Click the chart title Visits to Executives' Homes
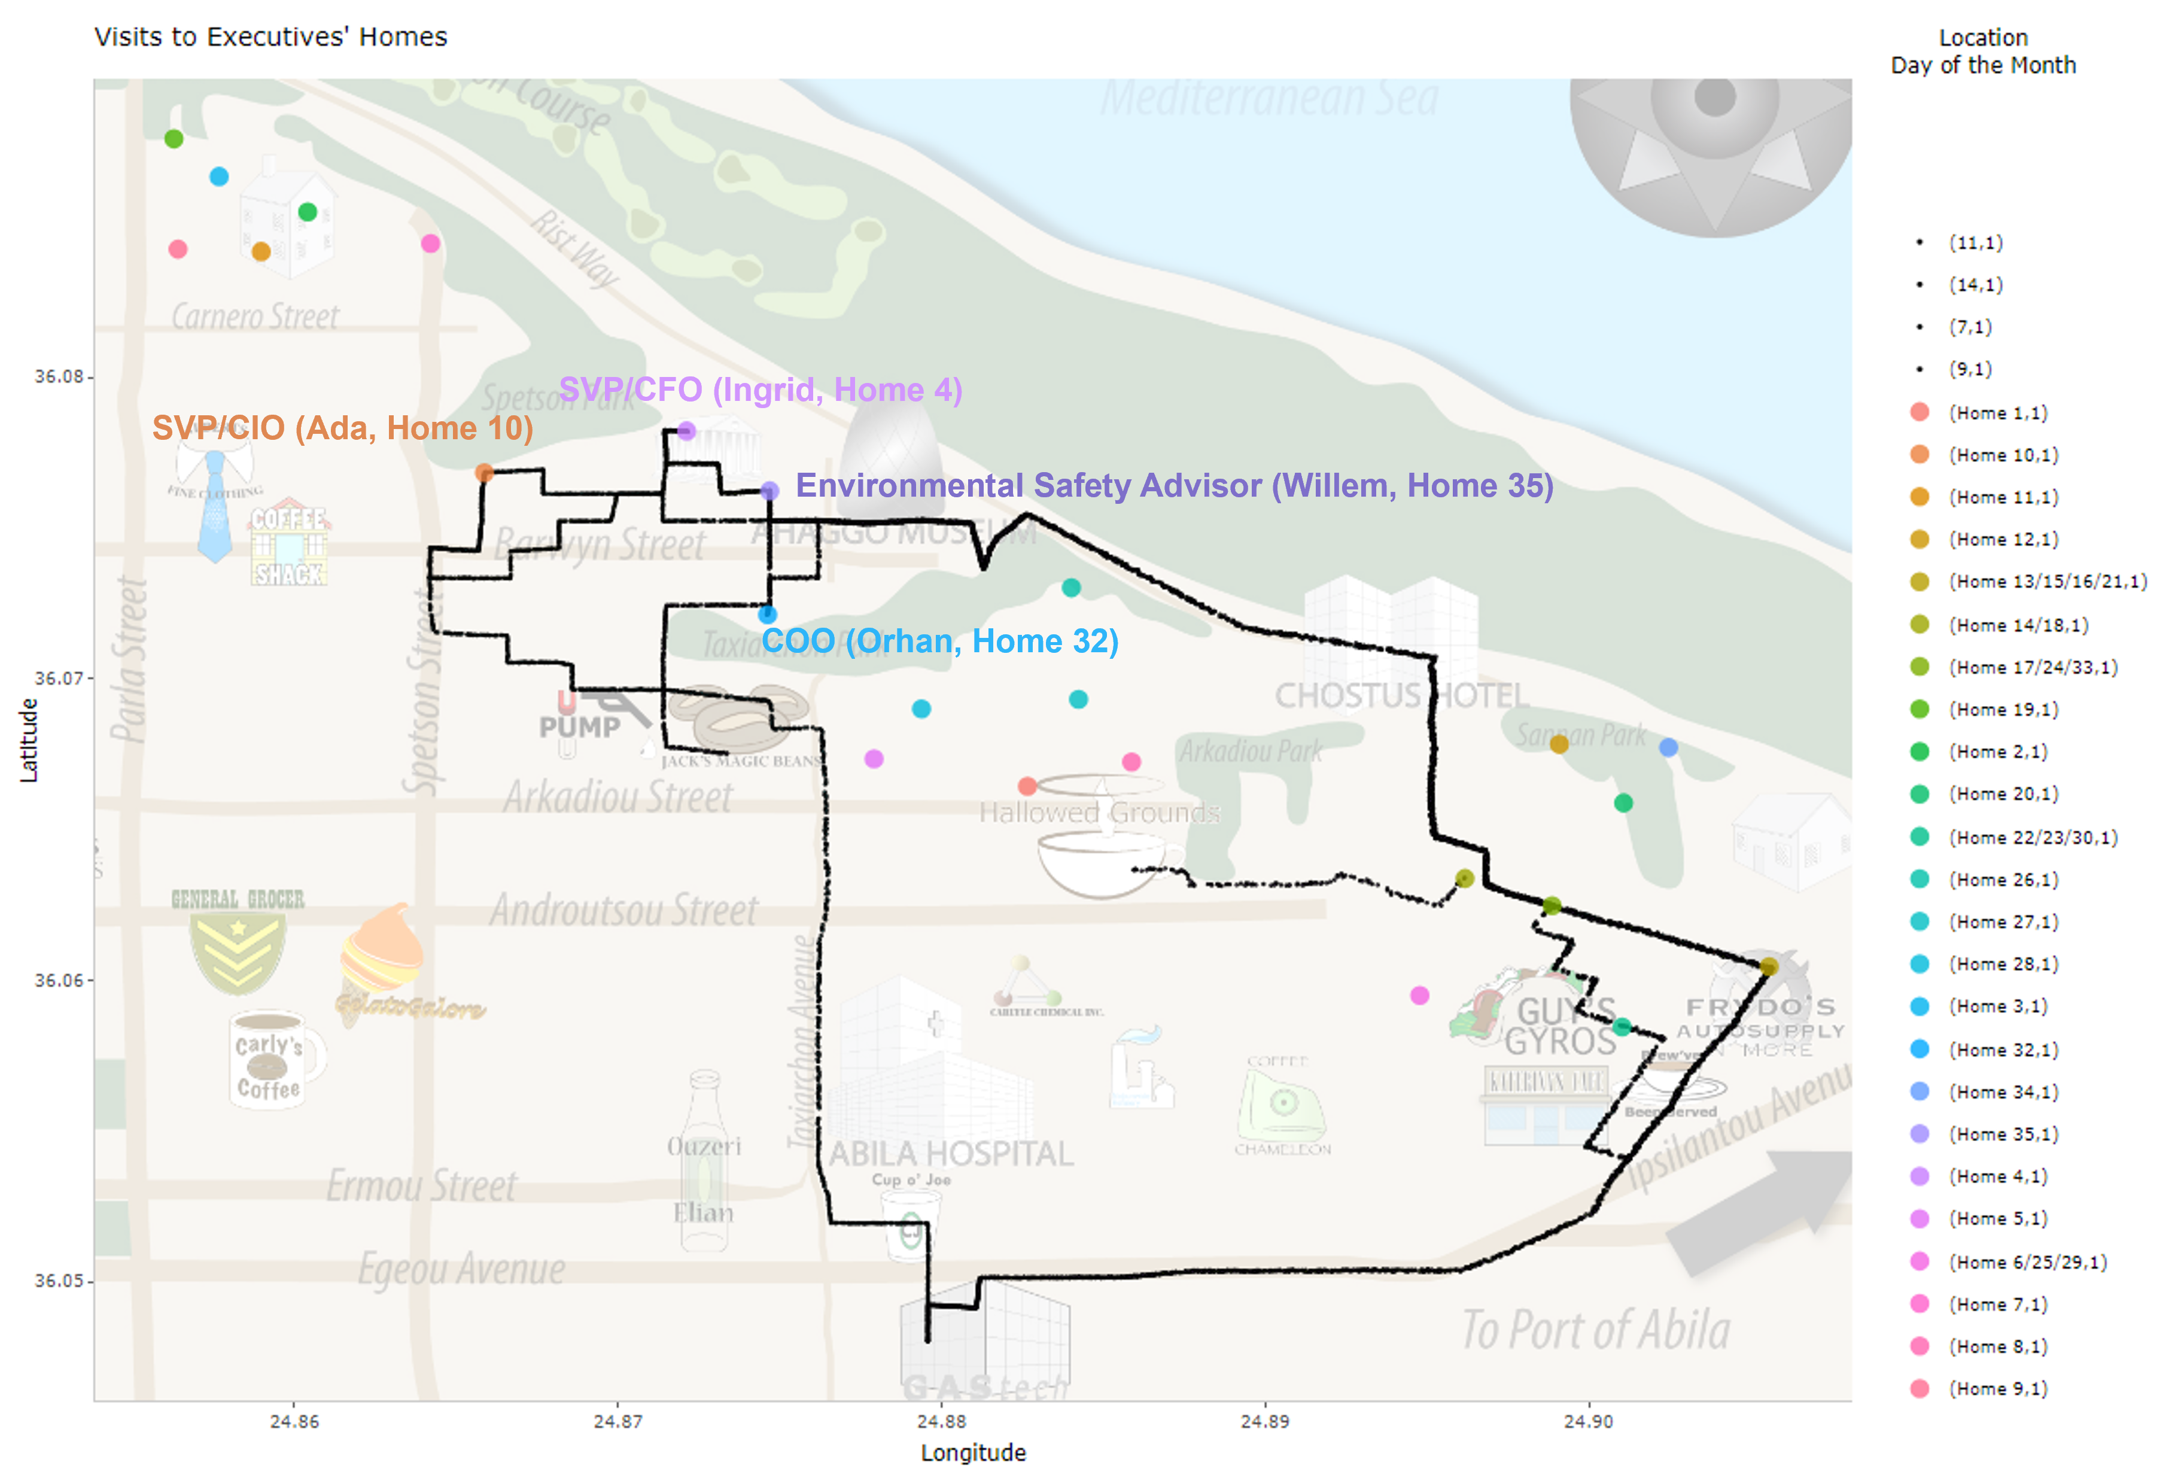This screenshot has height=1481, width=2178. (271, 37)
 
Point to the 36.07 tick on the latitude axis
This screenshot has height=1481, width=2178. (59, 678)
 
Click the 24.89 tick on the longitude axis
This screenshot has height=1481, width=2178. (1264, 1421)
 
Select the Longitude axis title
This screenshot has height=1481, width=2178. (973, 1453)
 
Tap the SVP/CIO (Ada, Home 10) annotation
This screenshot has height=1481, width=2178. (342, 428)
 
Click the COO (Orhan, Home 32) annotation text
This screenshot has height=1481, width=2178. (939, 641)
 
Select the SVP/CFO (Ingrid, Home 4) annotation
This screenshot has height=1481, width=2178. (760, 390)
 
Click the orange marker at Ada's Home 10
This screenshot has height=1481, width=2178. (483, 472)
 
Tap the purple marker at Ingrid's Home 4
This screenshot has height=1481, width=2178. (686, 431)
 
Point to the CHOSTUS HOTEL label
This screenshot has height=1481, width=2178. (1401, 695)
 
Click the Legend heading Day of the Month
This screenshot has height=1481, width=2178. (1982, 66)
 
